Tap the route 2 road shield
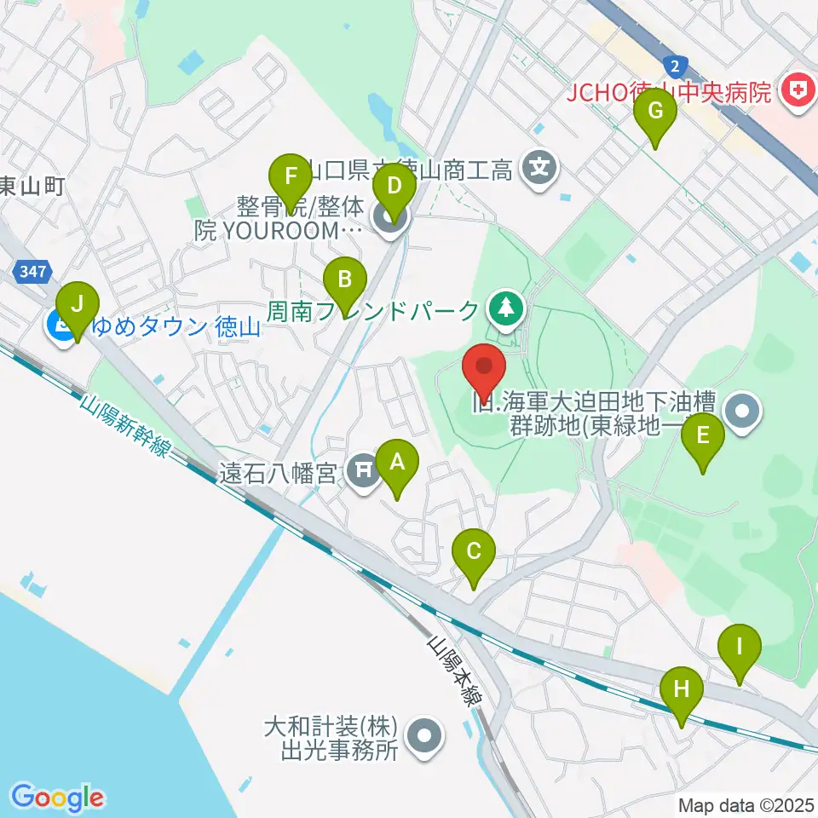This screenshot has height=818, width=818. tap(675, 65)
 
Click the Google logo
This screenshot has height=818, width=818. tap(58, 798)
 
